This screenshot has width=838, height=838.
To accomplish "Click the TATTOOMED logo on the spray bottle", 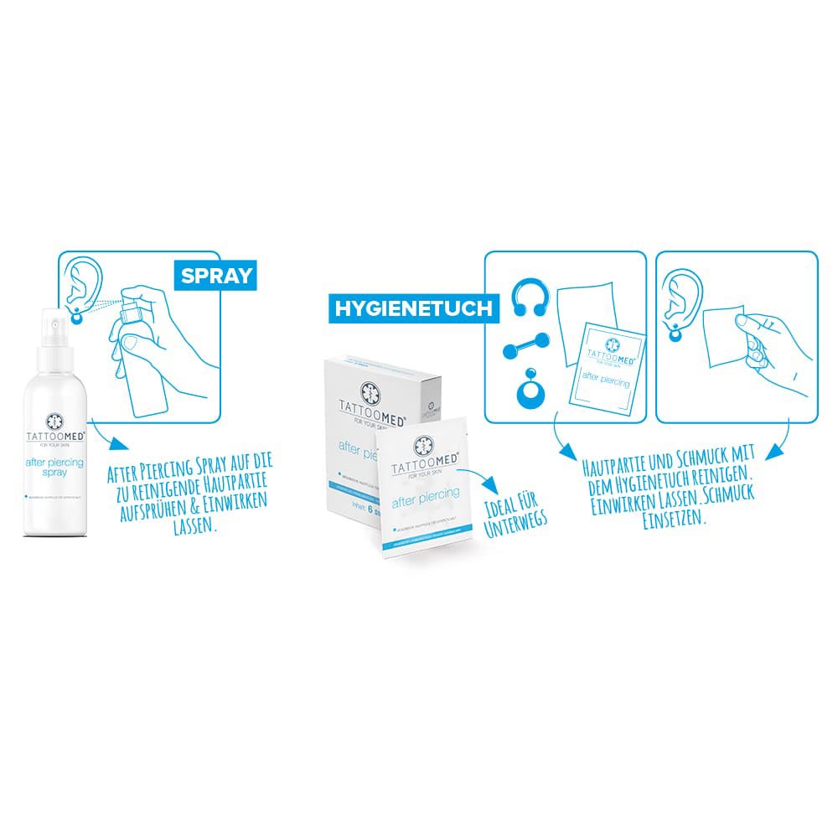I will click(55, 427).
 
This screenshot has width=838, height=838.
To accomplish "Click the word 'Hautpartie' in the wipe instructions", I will click(615, 463).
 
